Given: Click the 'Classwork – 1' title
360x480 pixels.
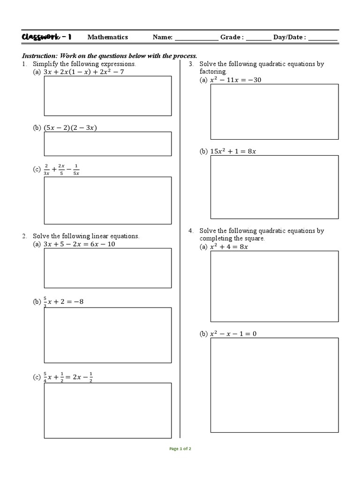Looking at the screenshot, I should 46,37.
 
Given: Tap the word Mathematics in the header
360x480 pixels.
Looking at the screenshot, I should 107,37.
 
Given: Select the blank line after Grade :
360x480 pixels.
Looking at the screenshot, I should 258,38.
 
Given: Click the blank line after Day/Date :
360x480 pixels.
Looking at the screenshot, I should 322,38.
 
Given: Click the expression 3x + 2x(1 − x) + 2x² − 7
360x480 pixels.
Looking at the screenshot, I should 83,72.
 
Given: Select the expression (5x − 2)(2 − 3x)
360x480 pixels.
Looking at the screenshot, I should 70,128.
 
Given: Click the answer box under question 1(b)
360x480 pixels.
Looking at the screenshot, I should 107,143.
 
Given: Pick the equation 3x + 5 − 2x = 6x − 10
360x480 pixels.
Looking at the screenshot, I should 79,244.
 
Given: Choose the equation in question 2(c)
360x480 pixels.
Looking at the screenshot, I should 68,377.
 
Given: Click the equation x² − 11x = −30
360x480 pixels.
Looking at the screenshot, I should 236,80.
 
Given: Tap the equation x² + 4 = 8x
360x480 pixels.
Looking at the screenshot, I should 229,247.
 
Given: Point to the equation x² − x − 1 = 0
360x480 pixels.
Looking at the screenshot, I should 233,334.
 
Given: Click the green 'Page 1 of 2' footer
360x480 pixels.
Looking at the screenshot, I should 180,449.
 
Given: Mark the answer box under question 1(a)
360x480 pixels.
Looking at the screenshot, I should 107,96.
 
